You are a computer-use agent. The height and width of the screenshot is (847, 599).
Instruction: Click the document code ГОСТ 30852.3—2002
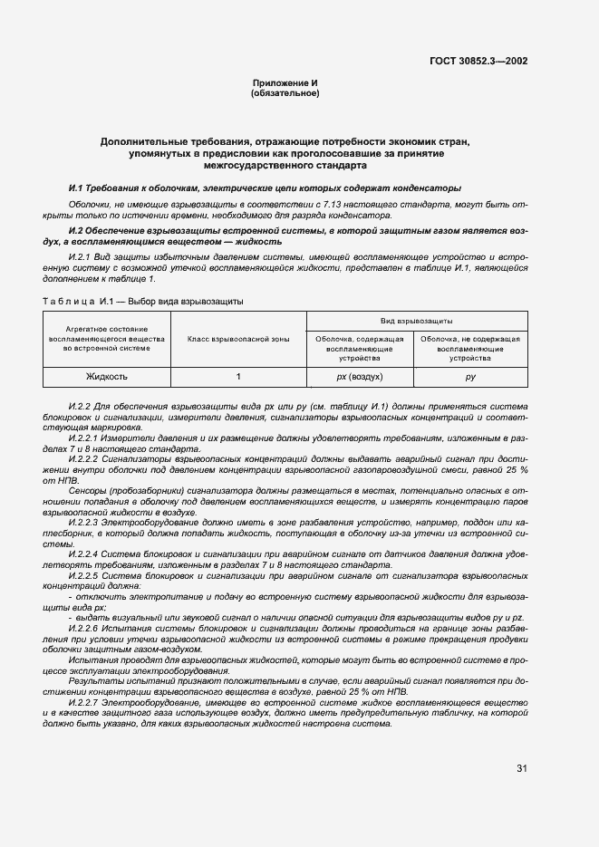pyautogui.click(x=478, y=61)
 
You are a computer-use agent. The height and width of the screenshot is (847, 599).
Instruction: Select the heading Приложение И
pyautogui.click(x=285, y=83)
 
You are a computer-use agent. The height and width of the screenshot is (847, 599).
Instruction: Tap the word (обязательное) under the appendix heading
pyautogui.click(x=285, y=93)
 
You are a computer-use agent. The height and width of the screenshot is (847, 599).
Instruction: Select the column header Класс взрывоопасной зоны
pyautogui.click(x=238, y=339)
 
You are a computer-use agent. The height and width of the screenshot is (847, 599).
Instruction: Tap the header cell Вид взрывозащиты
pyautogui.click(x=416, y=321)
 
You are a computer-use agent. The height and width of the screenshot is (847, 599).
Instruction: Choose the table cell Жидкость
pyautogui.click(x=107, y=376)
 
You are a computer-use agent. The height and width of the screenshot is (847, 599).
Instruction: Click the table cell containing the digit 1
pyautogui.click(x=238, y=376)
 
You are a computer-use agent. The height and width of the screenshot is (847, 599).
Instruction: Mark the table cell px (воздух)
pyautogui.click(x=359, y=376)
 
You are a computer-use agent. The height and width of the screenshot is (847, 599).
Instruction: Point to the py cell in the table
pyautogui.click(x=470, y=376)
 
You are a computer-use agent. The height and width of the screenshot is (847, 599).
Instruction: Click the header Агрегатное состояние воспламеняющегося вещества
pyautogui.click(x=107, y=339)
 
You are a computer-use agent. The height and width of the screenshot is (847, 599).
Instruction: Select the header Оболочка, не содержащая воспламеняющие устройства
pyautogui.click(x=470, y=348)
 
